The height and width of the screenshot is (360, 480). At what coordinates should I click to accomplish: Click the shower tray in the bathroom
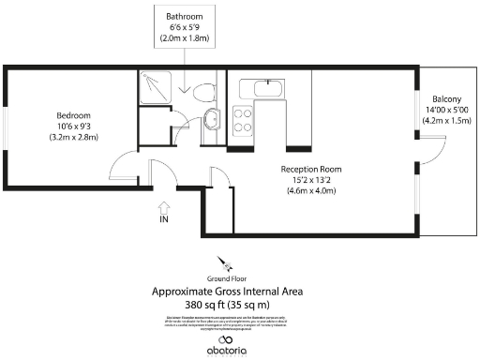click(152, 88)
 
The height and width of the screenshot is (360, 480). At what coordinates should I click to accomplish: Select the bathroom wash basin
click(212, 119)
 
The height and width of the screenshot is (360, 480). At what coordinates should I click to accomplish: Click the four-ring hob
click(244, 120)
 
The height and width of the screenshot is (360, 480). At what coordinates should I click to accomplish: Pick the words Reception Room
click(309, 170)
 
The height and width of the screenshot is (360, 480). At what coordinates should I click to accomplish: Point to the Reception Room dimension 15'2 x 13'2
click(309, 181)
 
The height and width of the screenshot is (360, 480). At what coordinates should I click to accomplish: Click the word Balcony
click(446, 99)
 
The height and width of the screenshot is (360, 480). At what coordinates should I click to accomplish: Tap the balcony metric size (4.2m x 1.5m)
click(446, 121)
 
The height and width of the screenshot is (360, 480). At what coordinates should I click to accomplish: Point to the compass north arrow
click(224, 262)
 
